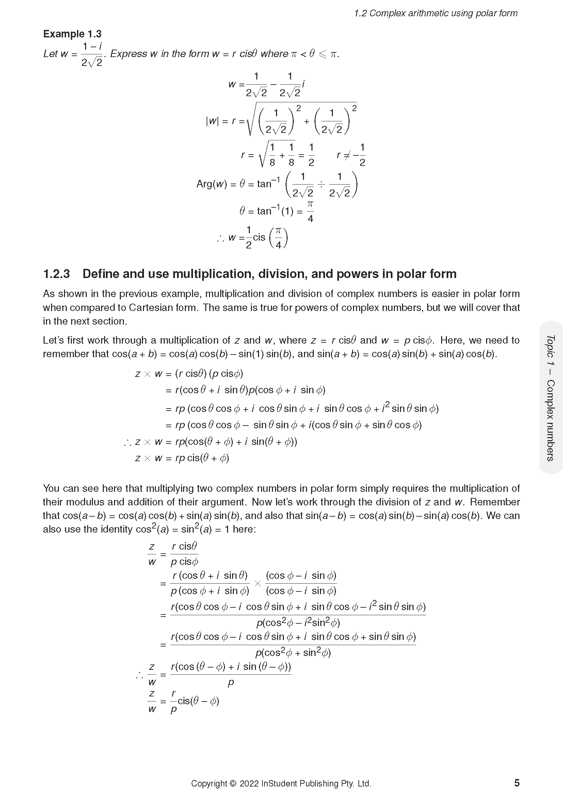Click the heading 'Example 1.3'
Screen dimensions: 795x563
pyautogui.click(x=72, y=34)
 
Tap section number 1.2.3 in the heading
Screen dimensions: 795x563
pyautogui.click(x=56, y=274)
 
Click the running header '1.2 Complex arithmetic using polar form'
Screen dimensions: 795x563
pyautogui.click(x=435, y=14)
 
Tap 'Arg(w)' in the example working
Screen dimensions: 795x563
pyautogui.click(x=211, y=184)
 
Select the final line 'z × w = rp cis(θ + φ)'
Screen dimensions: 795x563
pyautogui.click(x=182, y=458)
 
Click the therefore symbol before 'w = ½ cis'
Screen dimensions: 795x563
pyautogui.click(x=220, y=238)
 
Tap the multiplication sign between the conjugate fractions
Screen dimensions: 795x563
pyautogui.click(x=257, y=584)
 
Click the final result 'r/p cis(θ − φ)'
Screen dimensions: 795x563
pyautogui.click(x=195, y=701)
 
